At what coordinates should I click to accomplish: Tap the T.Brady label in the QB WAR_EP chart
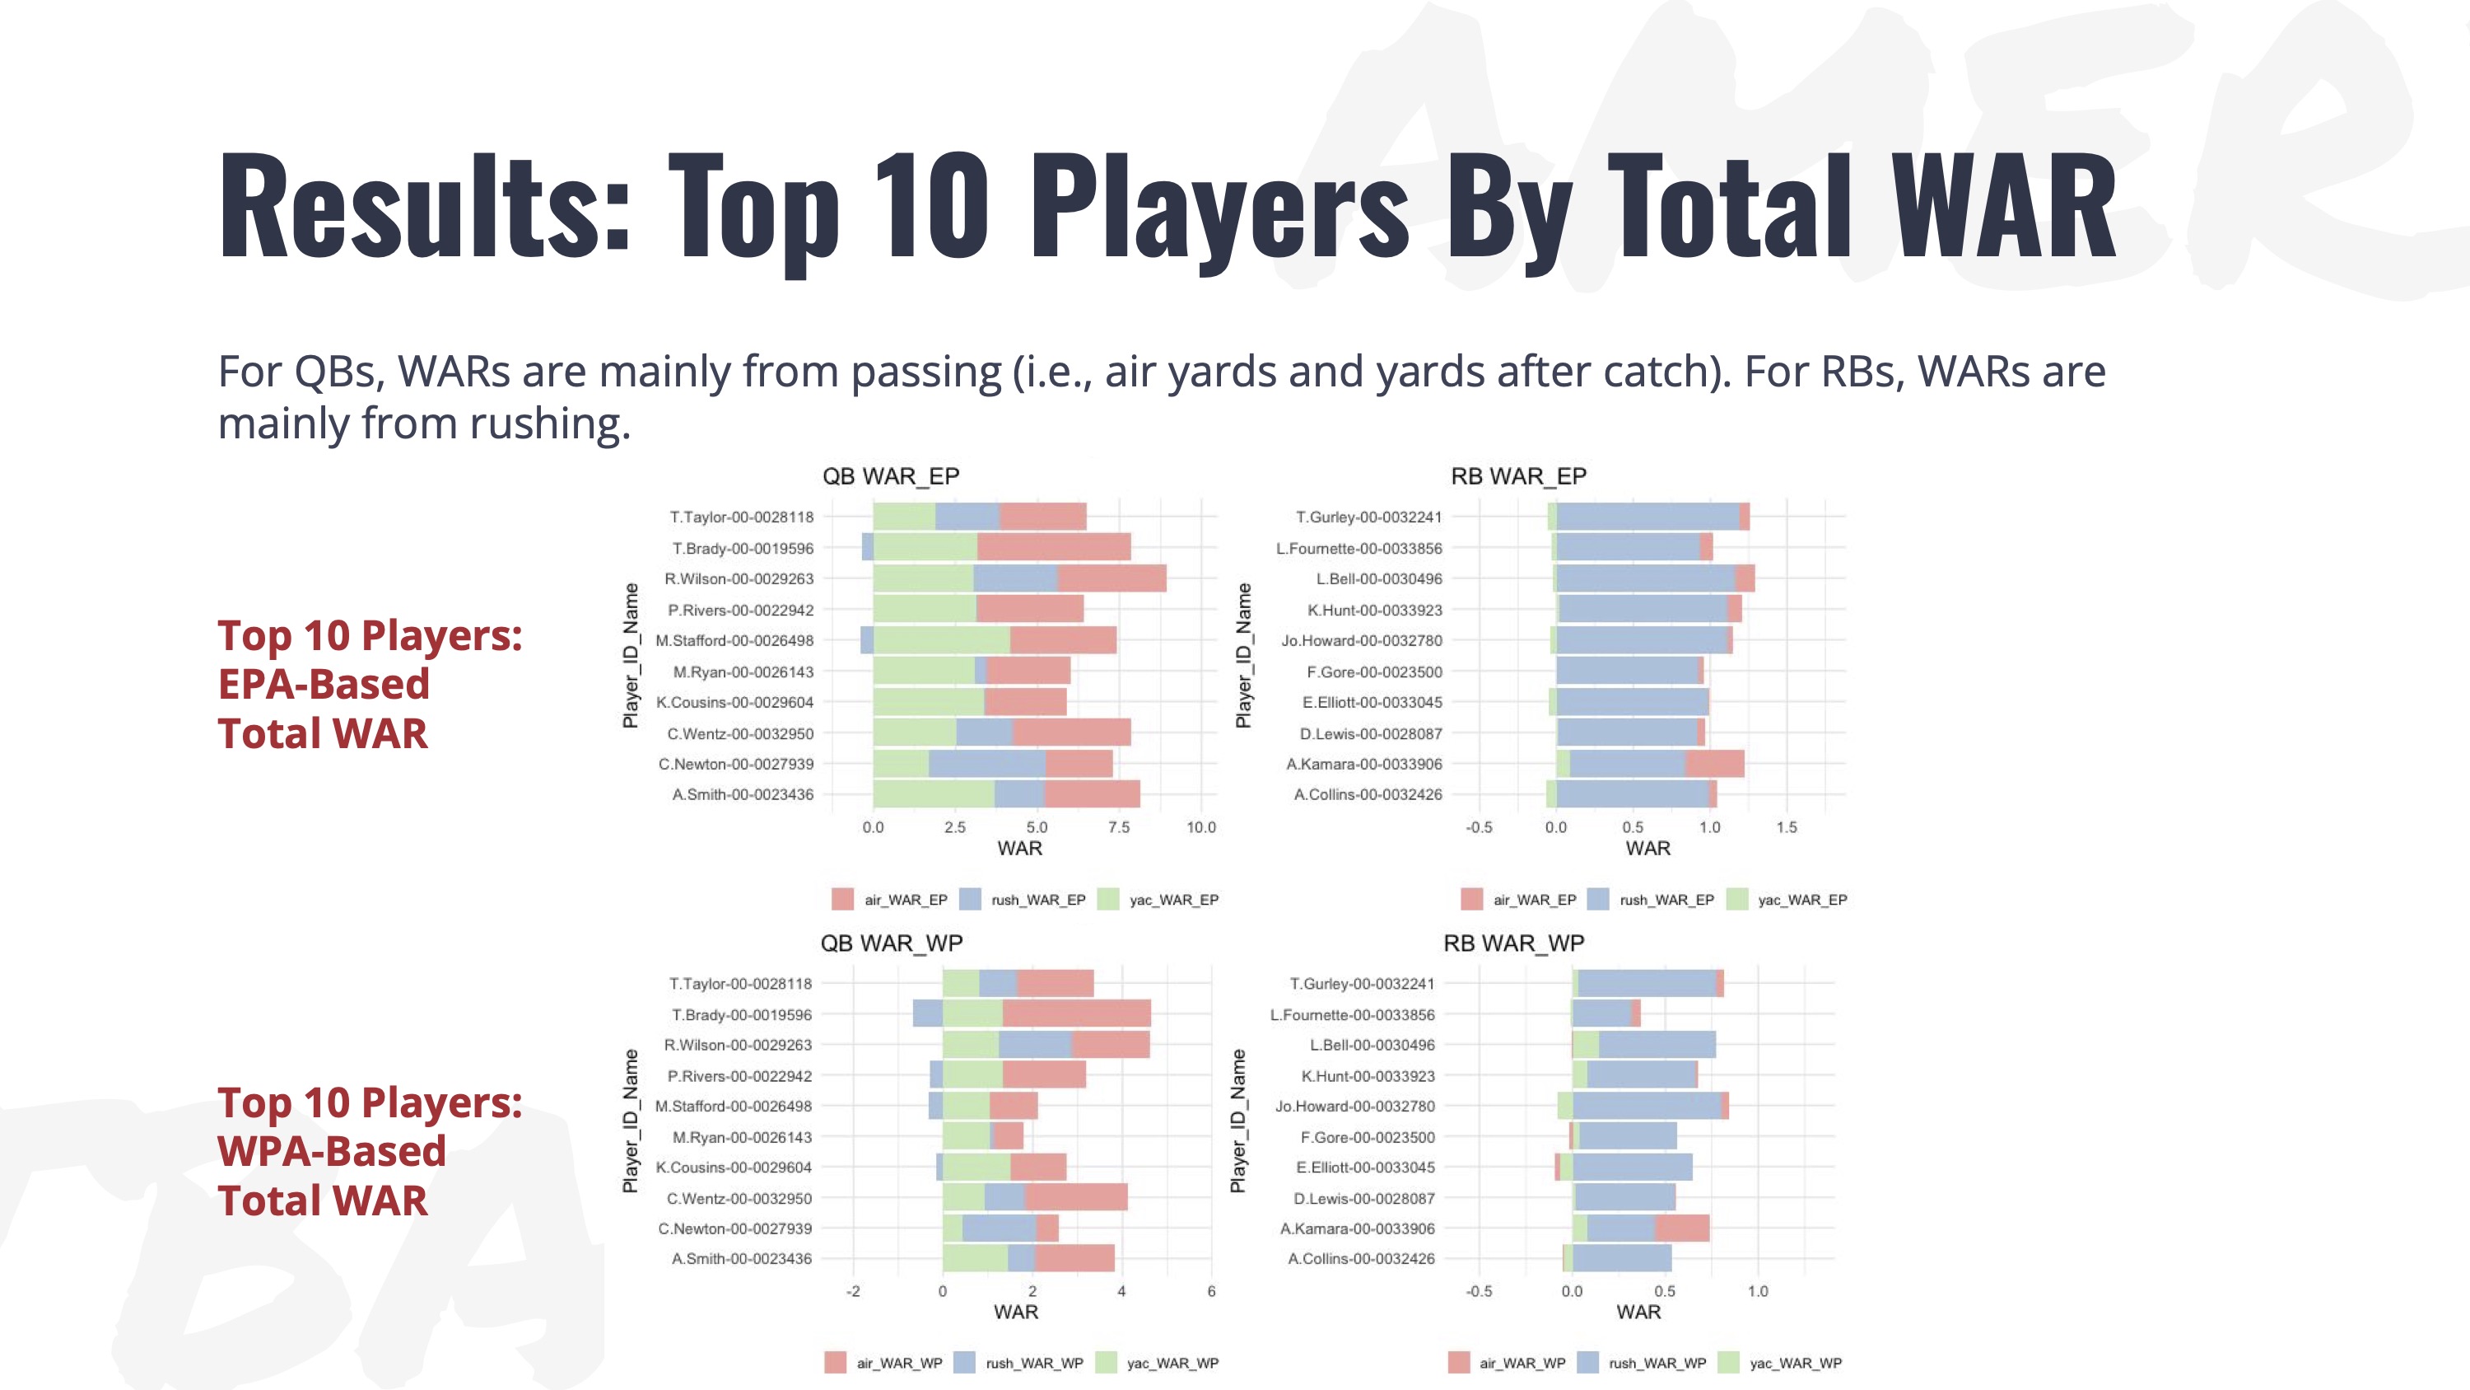[742, 549]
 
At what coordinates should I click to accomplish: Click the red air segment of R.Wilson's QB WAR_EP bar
[1111, 578]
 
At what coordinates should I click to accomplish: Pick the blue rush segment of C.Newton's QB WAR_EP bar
[986, 765]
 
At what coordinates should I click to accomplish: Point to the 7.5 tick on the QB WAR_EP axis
[1118, 827]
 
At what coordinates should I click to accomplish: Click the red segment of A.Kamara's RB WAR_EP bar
[1714, 765]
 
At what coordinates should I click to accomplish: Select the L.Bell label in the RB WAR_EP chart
[1378, 578]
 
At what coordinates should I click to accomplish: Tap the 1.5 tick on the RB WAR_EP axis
[1787, 827]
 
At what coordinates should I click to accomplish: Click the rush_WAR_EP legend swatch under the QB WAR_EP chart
[971, 900]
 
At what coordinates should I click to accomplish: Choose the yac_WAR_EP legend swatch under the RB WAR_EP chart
[1736, 900]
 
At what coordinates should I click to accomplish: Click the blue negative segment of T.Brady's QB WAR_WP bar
[927, 1014]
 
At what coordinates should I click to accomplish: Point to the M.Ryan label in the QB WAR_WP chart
[741, 1137]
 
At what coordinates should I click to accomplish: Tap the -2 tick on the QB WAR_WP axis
[852, 1291]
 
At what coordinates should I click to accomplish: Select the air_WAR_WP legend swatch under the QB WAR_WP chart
[835, 1363]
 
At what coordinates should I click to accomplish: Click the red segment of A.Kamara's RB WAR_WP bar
[1682, 1229]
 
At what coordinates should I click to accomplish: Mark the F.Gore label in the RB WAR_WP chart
[1368, 1137]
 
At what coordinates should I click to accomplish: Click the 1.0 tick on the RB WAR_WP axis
[1757, 1291]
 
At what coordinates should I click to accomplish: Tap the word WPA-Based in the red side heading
[332, 1151]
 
